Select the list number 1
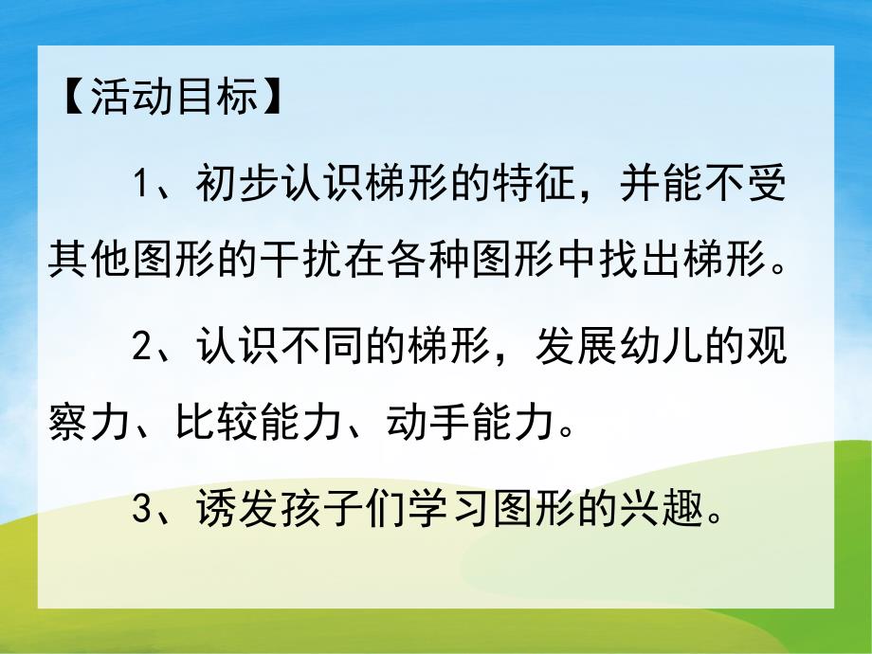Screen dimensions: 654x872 pos(142,182)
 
